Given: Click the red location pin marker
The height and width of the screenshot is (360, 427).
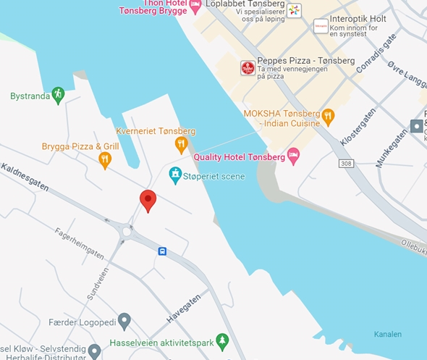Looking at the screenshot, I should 148,200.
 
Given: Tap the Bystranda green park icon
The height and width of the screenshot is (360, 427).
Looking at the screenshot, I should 58,95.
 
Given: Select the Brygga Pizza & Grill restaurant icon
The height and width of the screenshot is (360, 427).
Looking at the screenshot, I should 105,160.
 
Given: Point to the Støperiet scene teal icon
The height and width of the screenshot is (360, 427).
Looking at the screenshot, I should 175,175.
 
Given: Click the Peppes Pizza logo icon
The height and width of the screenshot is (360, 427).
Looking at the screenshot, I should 248,68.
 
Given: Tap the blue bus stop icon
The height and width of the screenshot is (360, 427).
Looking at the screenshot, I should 162,251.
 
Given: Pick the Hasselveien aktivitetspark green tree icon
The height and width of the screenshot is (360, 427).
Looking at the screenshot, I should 222,341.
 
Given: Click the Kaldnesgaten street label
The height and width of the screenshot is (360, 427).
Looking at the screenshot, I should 25,177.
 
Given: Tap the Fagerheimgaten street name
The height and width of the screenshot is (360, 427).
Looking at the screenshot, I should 80,242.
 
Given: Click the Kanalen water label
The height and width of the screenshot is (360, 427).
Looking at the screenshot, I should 388,334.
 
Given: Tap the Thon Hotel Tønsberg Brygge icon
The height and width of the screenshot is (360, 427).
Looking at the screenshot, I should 195,6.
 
